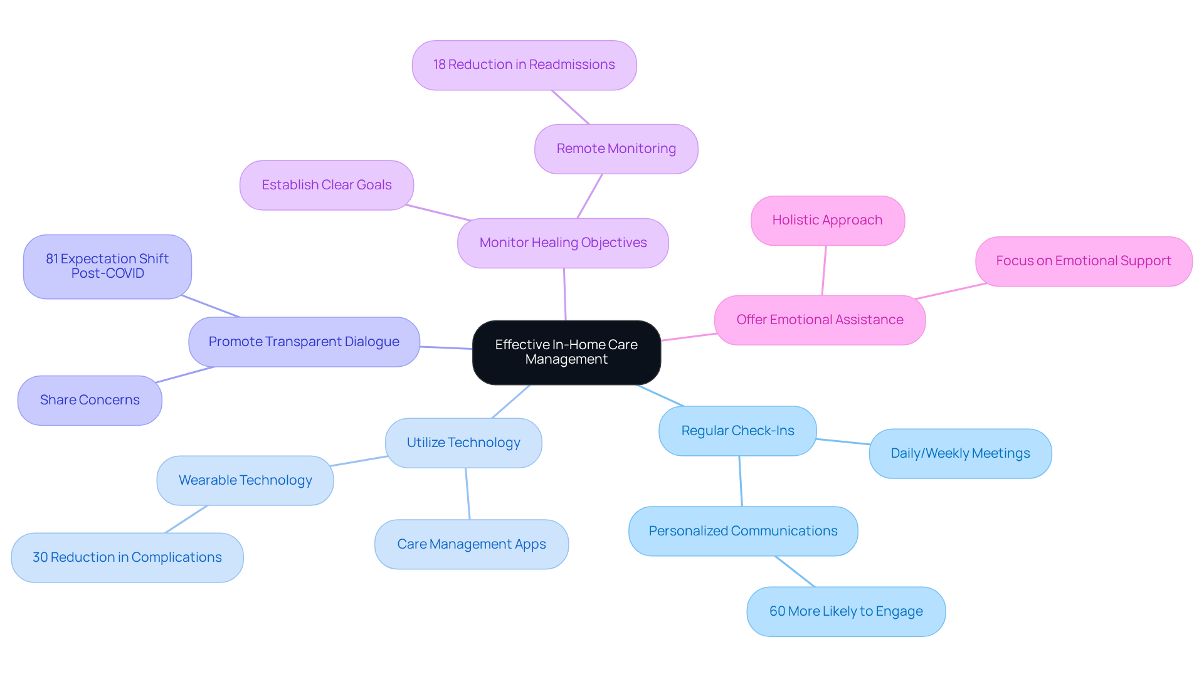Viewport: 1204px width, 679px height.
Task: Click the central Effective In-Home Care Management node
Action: pyautogui.click(x=566, y=352)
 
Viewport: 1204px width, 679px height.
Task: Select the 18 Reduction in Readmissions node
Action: pyautogui.click(x=524, y=65)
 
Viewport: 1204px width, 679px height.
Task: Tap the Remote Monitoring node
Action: pyautogui.click(x=616, y=149)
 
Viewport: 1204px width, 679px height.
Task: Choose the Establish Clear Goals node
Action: pyautogui.click(x=327, y=186)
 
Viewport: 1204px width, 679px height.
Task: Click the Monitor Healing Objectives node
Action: pyautogui.click(x=562, y=243)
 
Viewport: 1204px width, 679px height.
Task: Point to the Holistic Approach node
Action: pyautogui.click(x=827, y=221)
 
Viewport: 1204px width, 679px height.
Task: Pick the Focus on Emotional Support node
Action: pyautogui.click(x=1083, y=261)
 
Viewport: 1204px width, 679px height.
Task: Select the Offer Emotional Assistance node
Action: pyautogui.click(x=820, y=320)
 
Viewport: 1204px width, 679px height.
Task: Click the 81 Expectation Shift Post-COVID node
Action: pyautogui.click(x=107, y=266)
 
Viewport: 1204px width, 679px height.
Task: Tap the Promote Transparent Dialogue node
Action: pyautogui.click(x=304, y=342)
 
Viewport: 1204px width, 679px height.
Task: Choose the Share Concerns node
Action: pyautogui.click(x=90, y=401)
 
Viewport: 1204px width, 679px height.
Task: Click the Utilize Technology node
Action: pyautogui.click(x=463, y=443)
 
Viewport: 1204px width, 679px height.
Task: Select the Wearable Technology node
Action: pyautogui.click(x=245, y=481)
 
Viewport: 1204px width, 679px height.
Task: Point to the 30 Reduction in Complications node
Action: pyautogui.click(x=127, y=558)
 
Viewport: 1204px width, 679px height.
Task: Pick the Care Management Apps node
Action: pyautogui.click(x=472, y=545)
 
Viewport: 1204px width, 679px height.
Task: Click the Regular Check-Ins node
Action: pyautogui.click(x=737, y=431)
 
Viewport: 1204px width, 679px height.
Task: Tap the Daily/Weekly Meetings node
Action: pyautogui.click(x=960, y=454)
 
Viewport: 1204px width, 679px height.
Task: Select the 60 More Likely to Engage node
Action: pyautogui.click(x=846, y=612)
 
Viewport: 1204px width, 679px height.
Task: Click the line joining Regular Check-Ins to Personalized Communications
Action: pyautogui.click(x=741, y=482)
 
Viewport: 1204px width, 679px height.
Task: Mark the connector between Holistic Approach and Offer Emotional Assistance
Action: pyautogui.click(x=824, y=271)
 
